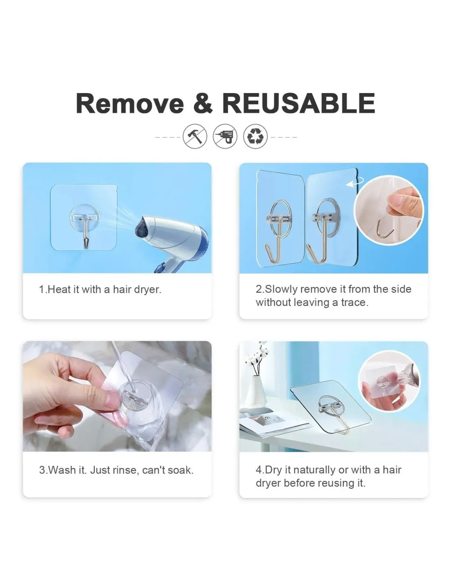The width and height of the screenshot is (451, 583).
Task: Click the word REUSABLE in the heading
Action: (298, 103)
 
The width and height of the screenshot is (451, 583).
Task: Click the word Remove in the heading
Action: (130, 103)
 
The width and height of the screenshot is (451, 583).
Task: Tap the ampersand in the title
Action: (203, 103)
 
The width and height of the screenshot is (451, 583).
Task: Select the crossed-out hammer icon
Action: (195, 136)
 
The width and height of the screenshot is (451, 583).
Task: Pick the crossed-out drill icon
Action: (225, 136)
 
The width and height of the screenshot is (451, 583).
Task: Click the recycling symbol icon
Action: (255, 136)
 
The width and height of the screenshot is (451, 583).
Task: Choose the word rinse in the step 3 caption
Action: (125, 470)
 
